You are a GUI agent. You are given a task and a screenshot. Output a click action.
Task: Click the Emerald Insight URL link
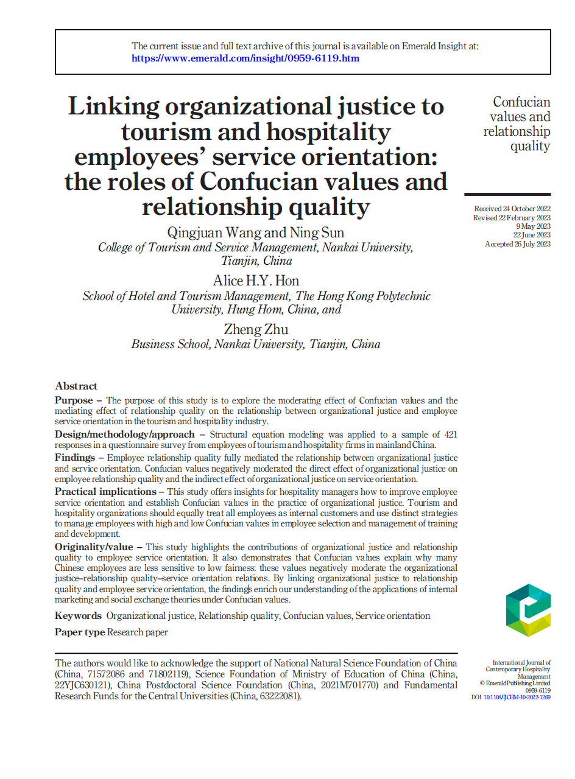(245, 58)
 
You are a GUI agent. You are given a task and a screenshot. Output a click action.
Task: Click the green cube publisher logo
(528, 610)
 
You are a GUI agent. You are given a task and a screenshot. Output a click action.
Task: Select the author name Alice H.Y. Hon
(256, 281)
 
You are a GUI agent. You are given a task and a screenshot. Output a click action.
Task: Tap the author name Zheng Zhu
(256, 329)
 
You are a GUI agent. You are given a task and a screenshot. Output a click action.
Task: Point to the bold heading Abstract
(76, 386)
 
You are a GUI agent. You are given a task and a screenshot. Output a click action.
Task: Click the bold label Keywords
(78, 615)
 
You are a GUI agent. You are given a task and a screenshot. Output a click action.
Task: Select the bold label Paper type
(80, 632)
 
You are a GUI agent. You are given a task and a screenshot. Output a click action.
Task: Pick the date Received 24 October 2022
(512, 209)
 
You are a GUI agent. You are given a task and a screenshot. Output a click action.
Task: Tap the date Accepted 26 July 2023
(518, 244)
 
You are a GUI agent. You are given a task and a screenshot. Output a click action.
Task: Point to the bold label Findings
(75, 457)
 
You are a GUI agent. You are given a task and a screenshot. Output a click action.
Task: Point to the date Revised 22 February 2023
(512, 218)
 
